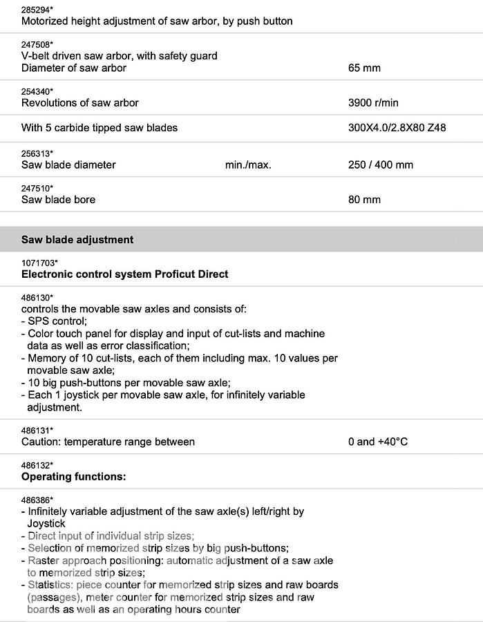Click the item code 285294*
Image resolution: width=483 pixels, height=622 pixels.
point(36,9)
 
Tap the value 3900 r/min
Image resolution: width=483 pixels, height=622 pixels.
point(373,103)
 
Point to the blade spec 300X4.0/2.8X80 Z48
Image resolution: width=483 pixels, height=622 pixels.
point(397,128)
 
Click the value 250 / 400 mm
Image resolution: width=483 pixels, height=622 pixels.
point(380,165)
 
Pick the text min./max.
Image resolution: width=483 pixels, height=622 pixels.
point(248,165)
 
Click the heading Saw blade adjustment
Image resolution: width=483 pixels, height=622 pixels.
point(77,240)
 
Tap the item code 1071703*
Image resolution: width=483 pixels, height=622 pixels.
point(39,263)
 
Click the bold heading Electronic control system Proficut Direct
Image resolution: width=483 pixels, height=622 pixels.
point(124,274)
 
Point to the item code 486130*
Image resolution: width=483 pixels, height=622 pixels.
point(37,298)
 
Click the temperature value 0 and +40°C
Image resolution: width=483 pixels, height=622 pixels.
point(377,442)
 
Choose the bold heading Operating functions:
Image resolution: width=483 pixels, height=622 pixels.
point(74,477)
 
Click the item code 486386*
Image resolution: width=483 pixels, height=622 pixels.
point(37,500)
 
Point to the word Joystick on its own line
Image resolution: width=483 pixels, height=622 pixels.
point(46,523)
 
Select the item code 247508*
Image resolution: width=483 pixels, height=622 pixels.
point(37,44)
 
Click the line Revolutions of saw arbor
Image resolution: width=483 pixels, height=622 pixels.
point(79,103)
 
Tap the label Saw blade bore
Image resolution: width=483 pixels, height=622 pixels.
point(58,200)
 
